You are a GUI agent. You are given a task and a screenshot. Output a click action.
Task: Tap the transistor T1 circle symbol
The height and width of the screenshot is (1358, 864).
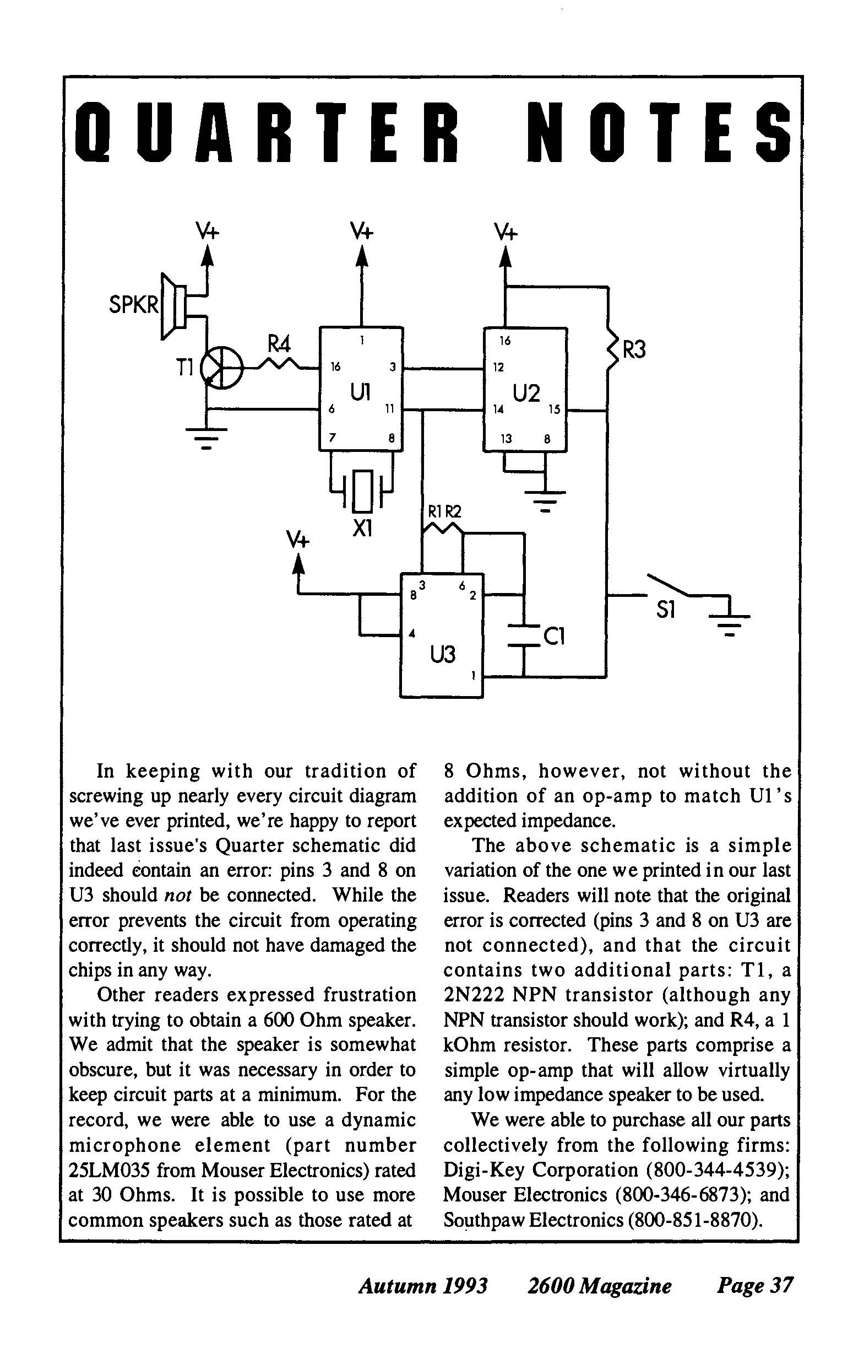point(222,368)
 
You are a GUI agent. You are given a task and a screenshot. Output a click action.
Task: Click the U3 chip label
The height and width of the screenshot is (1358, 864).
point(442,655)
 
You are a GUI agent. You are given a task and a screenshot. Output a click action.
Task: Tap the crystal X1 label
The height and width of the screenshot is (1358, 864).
point(361,529)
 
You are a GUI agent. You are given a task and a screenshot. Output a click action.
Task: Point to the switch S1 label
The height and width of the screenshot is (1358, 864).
point(666,611)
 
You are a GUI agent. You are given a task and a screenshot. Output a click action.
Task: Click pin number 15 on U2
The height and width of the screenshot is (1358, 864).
point(555,410)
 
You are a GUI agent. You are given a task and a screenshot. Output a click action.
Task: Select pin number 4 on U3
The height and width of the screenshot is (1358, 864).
point(412,633)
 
